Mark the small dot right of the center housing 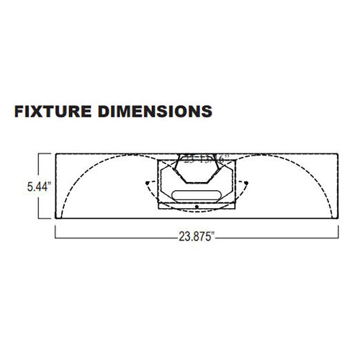(248, 183)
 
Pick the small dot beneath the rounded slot (197, 207)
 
